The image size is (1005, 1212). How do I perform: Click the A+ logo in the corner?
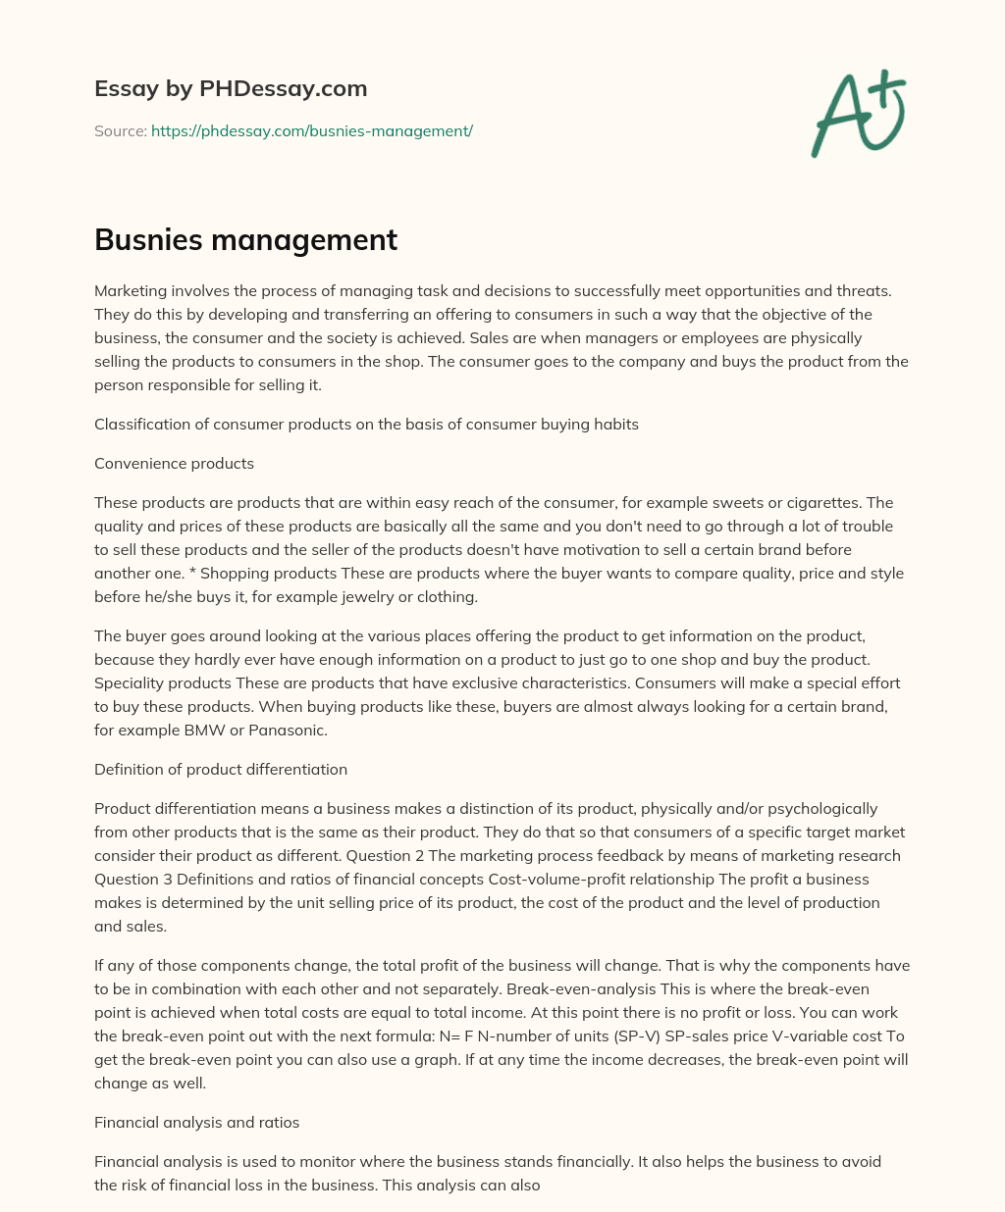point(858,113)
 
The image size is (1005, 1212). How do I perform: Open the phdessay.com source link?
point(312,130)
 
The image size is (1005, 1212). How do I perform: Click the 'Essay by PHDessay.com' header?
point(231,89)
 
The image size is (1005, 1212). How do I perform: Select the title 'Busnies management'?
point(245,240)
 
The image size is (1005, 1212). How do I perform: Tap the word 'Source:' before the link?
point(120,130)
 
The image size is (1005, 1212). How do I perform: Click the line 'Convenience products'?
point(174,463)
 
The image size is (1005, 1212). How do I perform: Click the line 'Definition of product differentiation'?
point(221,769)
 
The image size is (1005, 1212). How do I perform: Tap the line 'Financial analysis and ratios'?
point(196,1122)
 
